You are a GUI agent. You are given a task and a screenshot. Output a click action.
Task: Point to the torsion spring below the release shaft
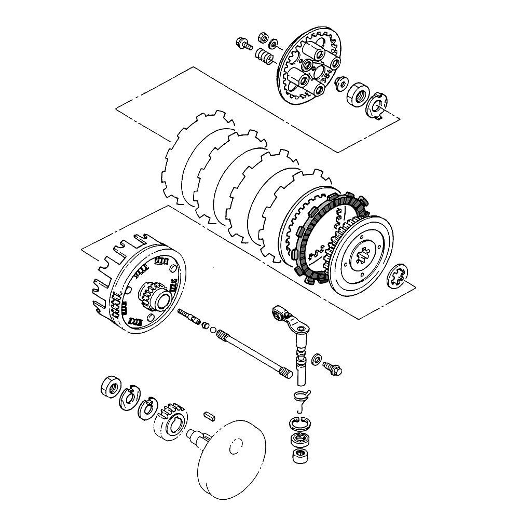(x=301, y=396)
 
